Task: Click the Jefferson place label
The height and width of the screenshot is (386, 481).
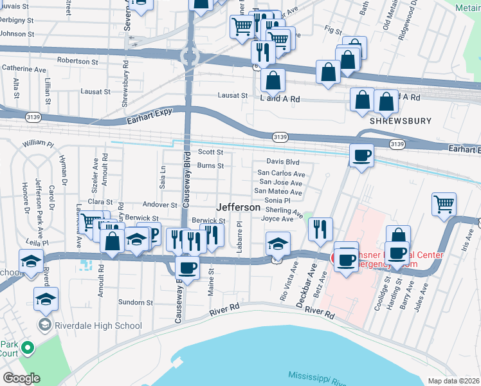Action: (x=239, y=208)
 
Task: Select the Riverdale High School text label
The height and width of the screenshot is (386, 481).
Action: (x=99, y=326)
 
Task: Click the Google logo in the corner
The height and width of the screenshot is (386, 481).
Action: (x=21, y=378)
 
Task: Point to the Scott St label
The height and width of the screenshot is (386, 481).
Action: (x=210, y=152)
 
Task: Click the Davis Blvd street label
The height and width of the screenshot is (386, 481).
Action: (x=284, y=162)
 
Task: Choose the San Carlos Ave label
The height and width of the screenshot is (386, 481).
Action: (x=281, y=174)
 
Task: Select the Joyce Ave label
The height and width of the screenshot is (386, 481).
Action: (x=277, y=219)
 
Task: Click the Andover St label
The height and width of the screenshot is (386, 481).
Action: (x=159, y=205)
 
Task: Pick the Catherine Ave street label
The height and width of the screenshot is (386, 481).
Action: (x=24, y=68)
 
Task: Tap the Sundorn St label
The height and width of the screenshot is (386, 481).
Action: (x=135, y=301)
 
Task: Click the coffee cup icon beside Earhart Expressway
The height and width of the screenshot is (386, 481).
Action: (x=362, y=155)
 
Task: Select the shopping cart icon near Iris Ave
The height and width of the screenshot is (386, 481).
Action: (x=444, y=204)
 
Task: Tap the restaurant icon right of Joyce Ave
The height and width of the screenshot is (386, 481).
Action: (x=320, y=228)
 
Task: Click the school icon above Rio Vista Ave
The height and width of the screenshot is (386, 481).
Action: (x=277, y=243)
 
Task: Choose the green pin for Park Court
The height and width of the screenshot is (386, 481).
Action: (x=27, y=349)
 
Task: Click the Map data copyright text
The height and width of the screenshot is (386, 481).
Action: (x=454, y=381)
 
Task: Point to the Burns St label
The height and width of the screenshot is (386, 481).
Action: (x=210, y=166)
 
